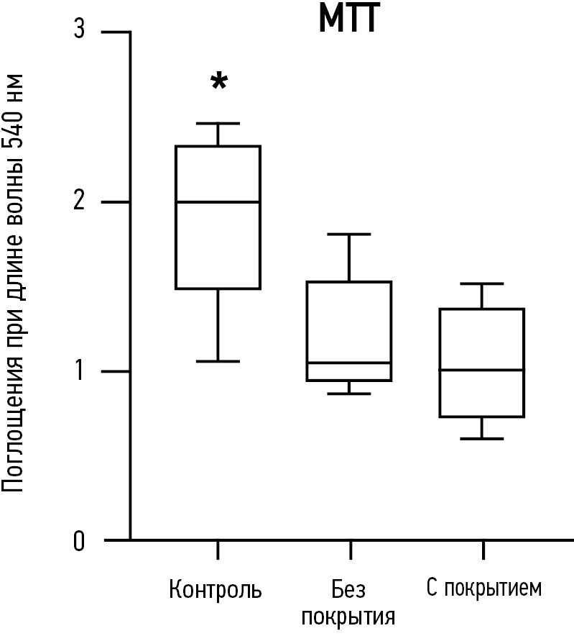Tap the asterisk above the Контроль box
point(218,81)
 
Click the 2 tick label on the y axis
point(80,202)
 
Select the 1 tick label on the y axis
point(80,371)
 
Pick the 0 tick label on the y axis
point(80,540)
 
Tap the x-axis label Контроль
point(216,591)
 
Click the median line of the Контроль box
point(218,202)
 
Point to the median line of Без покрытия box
point(349,363)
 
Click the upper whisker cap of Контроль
point(218,124)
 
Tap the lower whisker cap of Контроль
point(218,361)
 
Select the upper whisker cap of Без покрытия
point(349,235)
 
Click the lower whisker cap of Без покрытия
point(349,394)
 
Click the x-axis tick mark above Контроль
point(218,550)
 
